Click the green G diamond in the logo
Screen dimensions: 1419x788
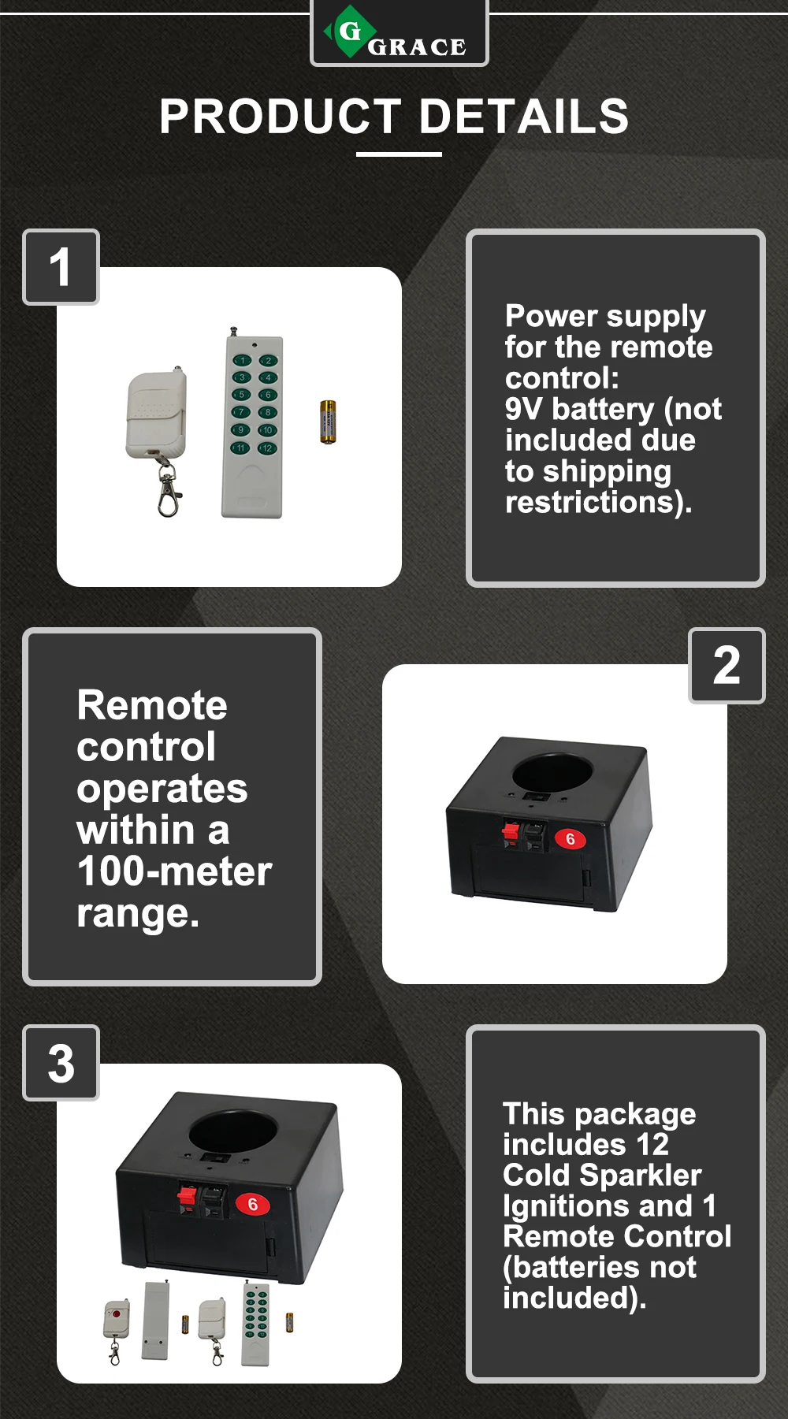coord(348,32)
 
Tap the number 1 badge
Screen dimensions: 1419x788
coord(61,267)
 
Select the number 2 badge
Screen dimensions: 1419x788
coord(727,666)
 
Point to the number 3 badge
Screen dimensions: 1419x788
coord(61,1064)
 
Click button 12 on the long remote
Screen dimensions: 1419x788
coord(268,448)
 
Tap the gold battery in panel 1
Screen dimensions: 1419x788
coord(328,422)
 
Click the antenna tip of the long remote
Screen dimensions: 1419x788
coord(232,329)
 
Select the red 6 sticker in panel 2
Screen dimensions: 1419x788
coord(571,839)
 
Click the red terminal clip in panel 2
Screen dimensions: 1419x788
coord(511,831)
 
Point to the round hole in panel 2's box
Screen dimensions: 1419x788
coord(552,771)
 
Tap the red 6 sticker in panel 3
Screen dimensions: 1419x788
coord(253,1204)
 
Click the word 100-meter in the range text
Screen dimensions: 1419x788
coord(174,872)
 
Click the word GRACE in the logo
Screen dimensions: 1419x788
coord(417,47)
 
